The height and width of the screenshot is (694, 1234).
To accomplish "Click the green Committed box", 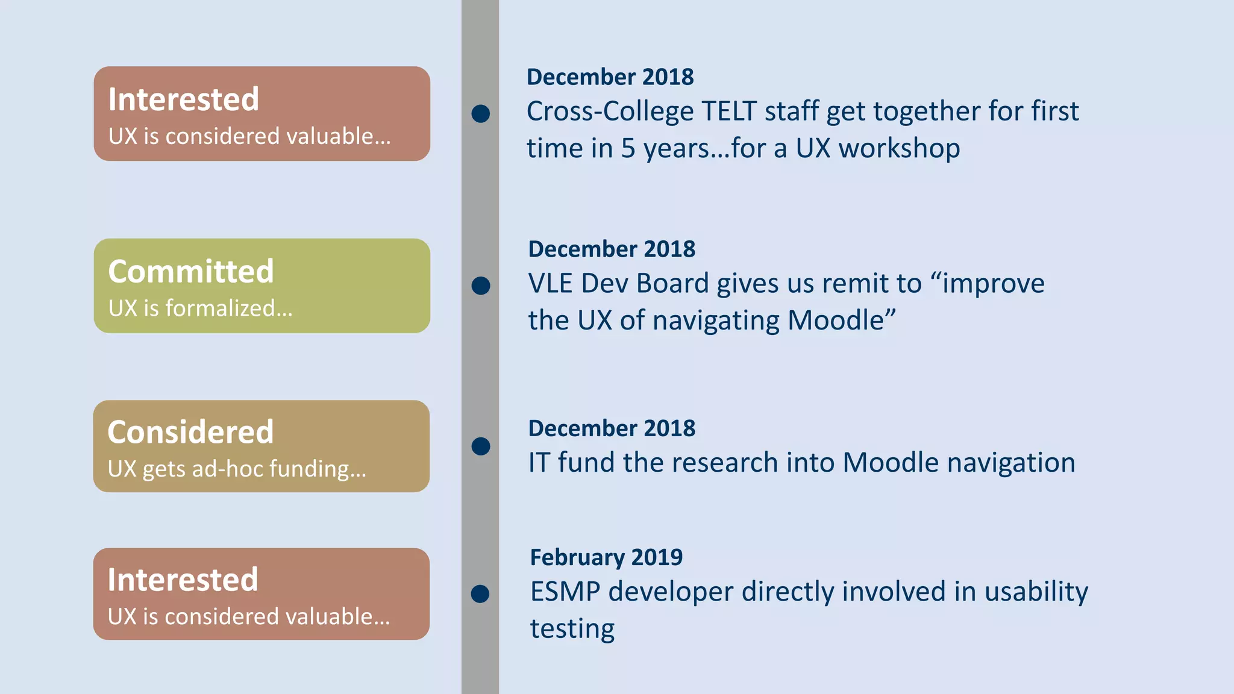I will click(x=262, y=286).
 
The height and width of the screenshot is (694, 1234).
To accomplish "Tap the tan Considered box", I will click(x=262, y=446).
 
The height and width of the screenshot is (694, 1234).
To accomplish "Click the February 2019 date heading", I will click(x=606, y=557).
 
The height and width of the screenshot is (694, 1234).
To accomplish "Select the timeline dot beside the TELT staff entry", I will click(x=480, y=113).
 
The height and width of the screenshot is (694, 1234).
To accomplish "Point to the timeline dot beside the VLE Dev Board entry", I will click(x=480, y=286).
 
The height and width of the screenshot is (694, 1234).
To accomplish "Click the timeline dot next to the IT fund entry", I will click(x=480, y=446).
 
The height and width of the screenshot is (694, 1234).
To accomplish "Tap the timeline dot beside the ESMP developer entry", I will click(x=480, y=594).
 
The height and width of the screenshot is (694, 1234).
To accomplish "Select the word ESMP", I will click(x=565, y=592).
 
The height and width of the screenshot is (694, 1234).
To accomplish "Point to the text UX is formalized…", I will click(x=200, y=308).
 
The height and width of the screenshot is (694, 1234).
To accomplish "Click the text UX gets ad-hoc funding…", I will click(x=237, y=469).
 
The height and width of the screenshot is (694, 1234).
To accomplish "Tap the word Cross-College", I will click(x=610, y=111).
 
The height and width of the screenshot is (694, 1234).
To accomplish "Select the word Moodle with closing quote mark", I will click(x=842, y=320).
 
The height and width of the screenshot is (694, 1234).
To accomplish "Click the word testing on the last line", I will click(x=572, y=629).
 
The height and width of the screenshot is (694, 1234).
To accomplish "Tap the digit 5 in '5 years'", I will click(x=628, y=149).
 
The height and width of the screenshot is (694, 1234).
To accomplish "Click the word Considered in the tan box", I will click(x=190, y=432).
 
